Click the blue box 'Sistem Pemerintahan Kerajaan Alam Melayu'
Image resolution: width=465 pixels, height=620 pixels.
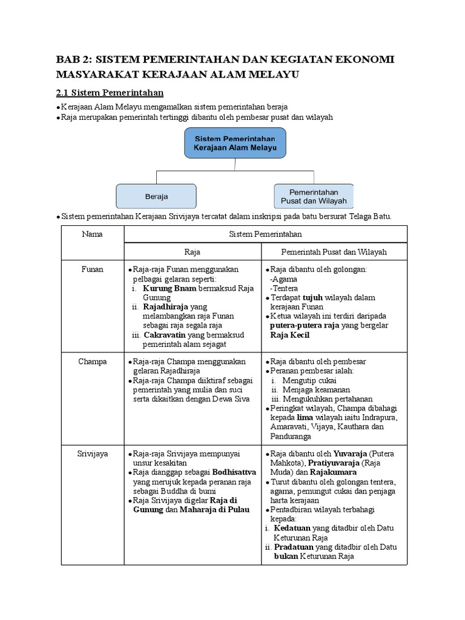point(234,143)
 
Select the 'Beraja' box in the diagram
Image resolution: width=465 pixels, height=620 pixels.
point(156,196)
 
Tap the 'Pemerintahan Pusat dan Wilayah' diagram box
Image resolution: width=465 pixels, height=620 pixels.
point(314,196)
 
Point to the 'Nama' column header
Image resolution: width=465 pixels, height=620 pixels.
point(92,234)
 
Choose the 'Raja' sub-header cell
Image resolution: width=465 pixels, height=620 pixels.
point(192,252)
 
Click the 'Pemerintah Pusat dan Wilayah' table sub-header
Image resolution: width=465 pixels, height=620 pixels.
point(334,252)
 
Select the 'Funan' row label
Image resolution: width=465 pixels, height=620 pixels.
point(92,269)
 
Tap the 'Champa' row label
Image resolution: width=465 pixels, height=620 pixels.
point(92,361)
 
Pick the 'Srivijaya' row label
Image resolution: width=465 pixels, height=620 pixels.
point(92,453)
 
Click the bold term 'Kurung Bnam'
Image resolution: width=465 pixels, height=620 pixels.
point(170,289)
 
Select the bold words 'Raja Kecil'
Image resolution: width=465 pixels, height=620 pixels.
point(289,334)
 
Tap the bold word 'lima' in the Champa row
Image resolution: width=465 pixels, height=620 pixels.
point(305,418)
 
